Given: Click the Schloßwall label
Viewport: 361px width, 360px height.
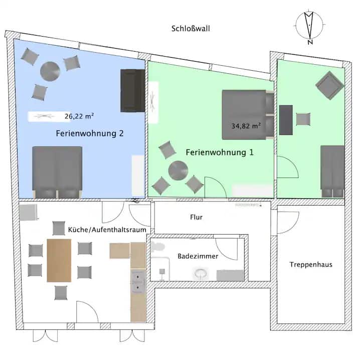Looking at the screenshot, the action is pos(191,29).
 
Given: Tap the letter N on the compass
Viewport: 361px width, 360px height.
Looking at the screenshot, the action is pos(310,42).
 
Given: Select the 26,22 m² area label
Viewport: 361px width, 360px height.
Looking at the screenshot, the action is pos(79,116).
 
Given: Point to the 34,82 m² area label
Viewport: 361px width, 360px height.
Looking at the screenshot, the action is pos(246,126).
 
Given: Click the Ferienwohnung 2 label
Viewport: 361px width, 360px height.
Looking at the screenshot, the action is pos(90,133).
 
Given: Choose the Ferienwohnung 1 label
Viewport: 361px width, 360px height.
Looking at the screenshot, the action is pos(220,152).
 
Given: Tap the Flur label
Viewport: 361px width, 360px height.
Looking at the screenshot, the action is pos(197,217).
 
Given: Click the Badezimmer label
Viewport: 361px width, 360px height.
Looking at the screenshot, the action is pos(198,256).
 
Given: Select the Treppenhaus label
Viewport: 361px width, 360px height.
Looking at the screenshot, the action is pos(311,265).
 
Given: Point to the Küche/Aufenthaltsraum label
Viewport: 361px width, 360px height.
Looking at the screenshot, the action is pos(107,230).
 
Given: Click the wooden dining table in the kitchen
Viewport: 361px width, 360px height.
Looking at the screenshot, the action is pos(59,260).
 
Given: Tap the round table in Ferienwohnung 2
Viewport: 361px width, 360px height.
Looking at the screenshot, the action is pos(50,71).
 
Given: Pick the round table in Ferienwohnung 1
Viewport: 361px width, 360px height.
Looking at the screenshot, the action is pos(178,170).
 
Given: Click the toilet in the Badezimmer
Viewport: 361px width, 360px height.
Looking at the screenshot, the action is pos(201,274).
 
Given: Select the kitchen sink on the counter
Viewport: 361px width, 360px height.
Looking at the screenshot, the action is pos(138,282).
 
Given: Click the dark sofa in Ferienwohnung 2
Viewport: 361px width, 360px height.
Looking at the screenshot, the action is pos(132,91).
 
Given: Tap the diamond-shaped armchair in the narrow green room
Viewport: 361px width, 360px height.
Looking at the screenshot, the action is pos(330,85).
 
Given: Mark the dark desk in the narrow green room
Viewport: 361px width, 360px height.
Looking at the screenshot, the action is pos(286,120).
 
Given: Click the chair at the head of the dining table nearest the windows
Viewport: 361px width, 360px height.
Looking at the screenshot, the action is pos(61,293).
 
